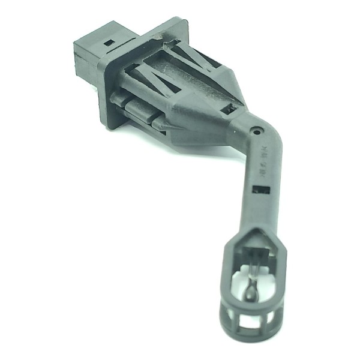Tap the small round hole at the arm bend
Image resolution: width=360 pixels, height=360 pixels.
click(256, 128)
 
